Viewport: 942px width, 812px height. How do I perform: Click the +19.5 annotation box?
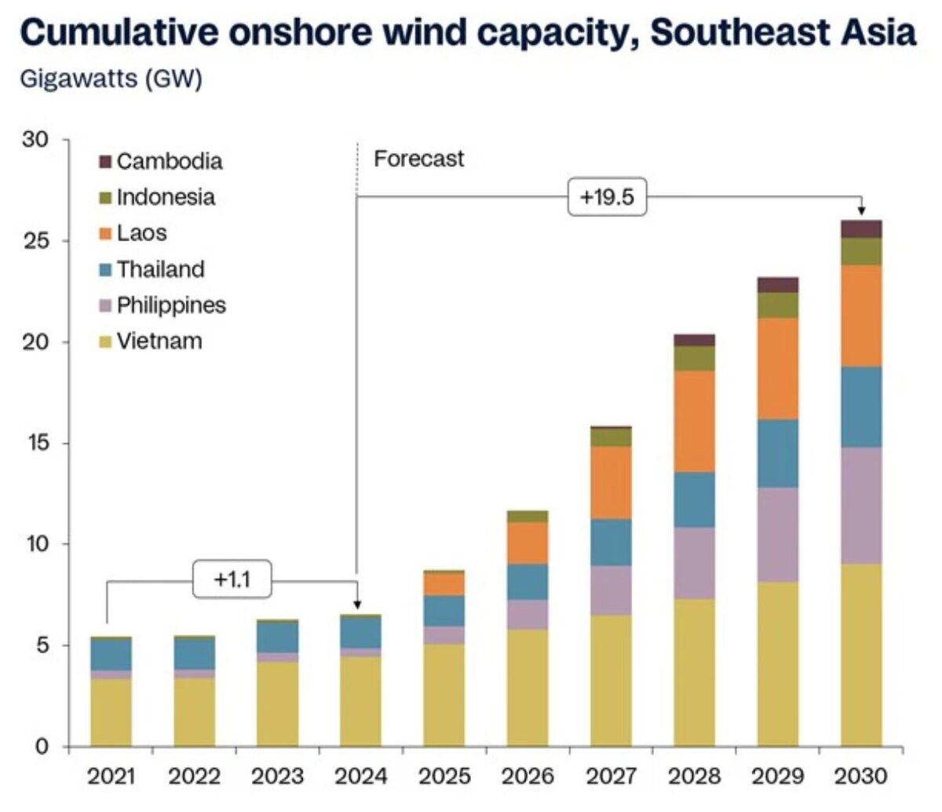click(606, 196)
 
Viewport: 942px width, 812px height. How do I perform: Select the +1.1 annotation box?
click(232, 580)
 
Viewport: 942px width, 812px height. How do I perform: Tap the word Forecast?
click(418, 159)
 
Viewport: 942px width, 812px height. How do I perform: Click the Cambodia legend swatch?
click(106, 162)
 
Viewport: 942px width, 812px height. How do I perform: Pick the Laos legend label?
click(141, 233)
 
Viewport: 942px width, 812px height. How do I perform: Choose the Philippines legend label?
click(171, 305)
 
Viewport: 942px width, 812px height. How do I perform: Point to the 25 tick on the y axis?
click(38, 240)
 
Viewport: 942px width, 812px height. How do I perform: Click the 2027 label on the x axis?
click(611, 777)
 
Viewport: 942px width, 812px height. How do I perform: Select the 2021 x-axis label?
click(111, 777)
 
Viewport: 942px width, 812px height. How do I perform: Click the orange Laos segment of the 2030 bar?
click(861, 316)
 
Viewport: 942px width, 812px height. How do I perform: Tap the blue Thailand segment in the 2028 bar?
click(694, 499)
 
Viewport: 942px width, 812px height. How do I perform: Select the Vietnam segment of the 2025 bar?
click(444, 695)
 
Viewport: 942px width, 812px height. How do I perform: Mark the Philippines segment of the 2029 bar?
click(777, 534)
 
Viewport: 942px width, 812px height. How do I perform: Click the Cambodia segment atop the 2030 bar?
click(861, 229)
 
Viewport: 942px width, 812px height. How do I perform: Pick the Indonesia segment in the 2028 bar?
click(694, 358)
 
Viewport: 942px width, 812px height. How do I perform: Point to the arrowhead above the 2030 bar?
click(861, 210)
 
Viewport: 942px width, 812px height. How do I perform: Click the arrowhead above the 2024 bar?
click(357, 605)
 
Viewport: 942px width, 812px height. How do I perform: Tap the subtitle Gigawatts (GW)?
click(111, 79)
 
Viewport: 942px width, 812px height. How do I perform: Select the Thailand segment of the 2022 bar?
click(194, 653)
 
